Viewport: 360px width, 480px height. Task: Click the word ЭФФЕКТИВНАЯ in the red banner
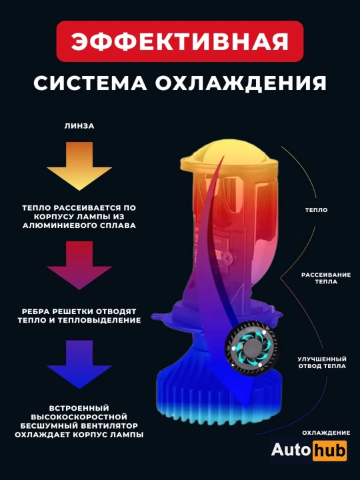tap(180, 41)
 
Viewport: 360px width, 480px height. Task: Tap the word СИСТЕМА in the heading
tap(90, 83)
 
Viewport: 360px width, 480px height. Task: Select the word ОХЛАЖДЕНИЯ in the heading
tap(241, 83)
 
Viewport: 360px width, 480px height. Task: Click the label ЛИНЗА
tap(79, 126)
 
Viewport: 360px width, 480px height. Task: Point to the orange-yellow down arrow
tap(79, 166)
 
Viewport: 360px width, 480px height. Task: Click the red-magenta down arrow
tap(79, 265)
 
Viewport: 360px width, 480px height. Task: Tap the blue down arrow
tap(79, 364)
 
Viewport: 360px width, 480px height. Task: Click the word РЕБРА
tap(35, 311)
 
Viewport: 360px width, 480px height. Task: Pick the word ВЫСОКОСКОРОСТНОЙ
tap(79, 417)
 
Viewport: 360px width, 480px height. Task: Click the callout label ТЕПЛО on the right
tap(316, 210)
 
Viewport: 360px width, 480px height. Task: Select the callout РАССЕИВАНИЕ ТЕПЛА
tap(326, 278)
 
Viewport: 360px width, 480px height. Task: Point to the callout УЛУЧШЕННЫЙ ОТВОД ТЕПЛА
tap(322, 363)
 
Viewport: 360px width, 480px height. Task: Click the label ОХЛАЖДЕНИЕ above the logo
tap(326, 433)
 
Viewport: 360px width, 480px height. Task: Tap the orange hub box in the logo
tap(330, 451)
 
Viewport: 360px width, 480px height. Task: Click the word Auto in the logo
tap(291, 450)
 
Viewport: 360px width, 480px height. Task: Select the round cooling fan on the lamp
tap(252, 349)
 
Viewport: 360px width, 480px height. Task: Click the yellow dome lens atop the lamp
tap(229, 155)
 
